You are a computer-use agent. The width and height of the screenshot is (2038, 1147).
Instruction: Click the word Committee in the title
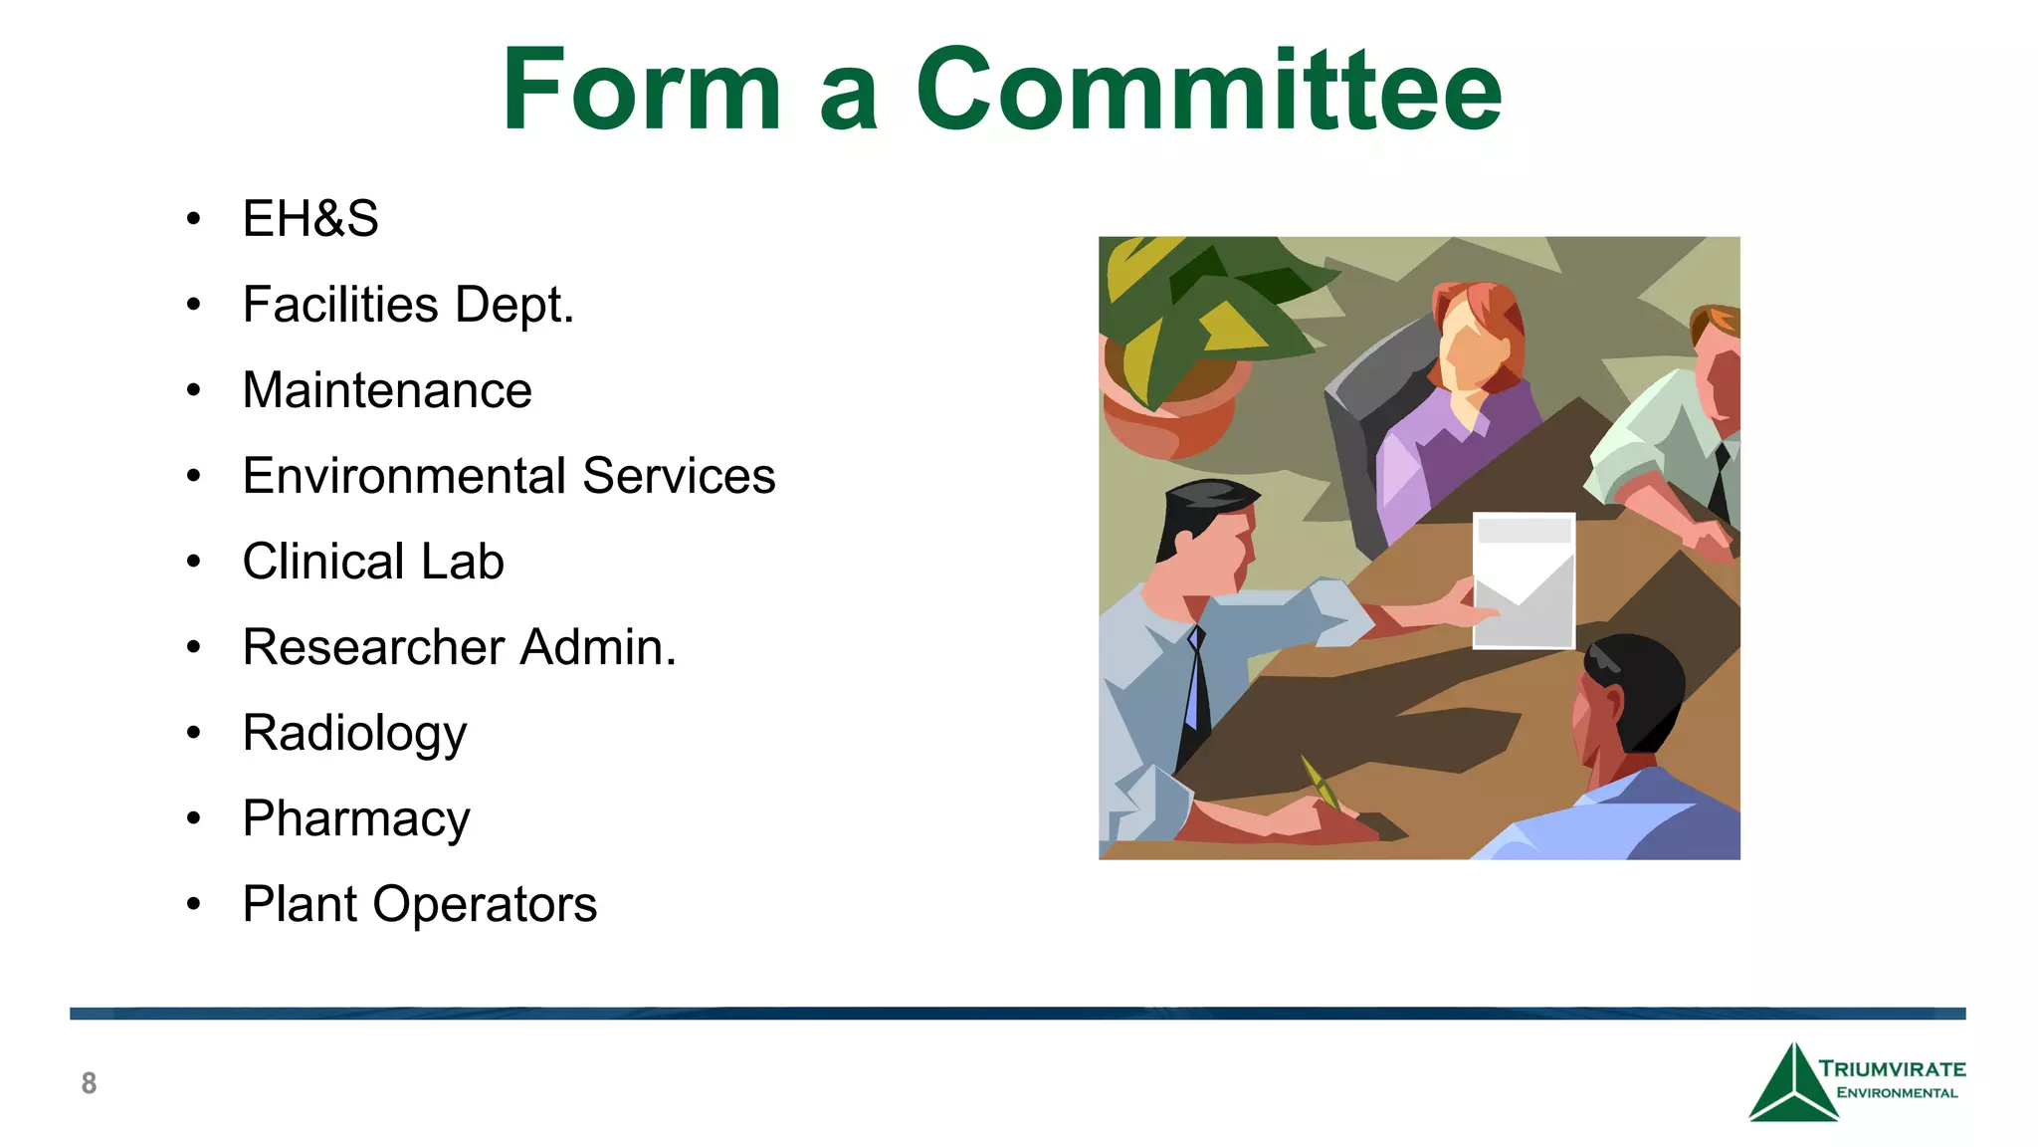1208,91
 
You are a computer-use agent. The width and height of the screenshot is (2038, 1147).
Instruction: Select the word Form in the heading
642,91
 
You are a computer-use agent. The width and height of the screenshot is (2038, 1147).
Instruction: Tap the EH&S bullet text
310,219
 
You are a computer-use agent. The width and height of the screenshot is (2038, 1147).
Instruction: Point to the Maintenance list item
387,390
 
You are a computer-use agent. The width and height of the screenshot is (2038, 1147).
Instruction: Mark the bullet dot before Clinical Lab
193,563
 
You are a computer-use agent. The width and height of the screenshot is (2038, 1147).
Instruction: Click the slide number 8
89,1083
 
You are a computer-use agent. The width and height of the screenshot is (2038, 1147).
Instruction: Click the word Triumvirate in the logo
1893,1069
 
